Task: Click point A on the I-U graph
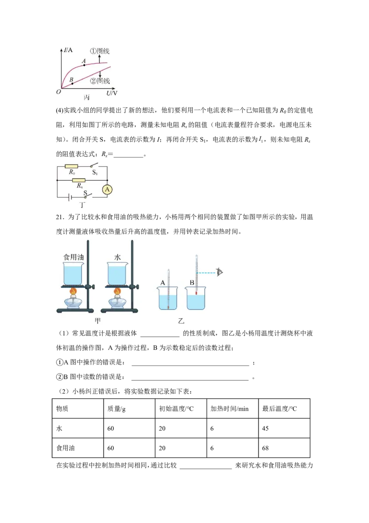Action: pos(84,65)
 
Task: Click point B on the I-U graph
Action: pos(72,83)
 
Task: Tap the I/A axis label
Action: pos(68,50)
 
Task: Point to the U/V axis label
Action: pos(112,93)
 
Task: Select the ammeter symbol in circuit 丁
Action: pos(107,190)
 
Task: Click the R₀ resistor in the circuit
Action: pos(71,166)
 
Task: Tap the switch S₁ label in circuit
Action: pos(95,172)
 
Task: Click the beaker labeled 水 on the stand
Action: pos(117,274)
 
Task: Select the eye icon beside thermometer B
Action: pos(219,272)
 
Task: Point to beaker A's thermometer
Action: pos(168,289)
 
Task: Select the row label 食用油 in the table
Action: pos(65,448)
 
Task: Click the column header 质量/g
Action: pos(116,409)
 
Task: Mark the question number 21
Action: pos(60,217)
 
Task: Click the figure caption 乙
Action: pos(181,321)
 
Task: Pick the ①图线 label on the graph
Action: pos(100,51)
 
